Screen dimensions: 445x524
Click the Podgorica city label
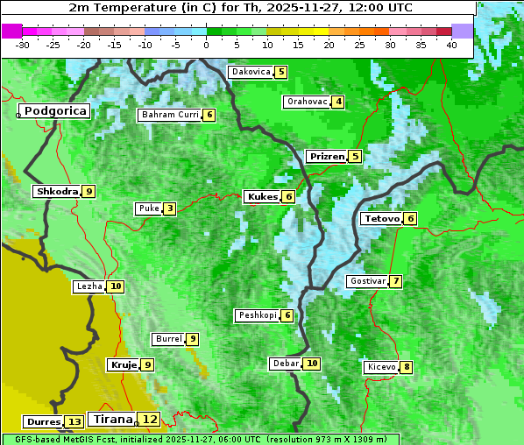pyautogui.click(x=54, y=111)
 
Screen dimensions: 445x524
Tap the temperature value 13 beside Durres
pyautogui.click(x=74, y=421)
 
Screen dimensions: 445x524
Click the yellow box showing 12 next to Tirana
pyautogui.click(x=151, y=420)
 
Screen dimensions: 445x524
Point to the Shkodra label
pyautogui.click(x=57, y=191)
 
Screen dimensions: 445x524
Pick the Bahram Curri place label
pyautogui.click(x=170, y=115)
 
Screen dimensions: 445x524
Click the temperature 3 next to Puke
pyautogui.click(x=169, y=208)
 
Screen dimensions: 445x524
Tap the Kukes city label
pyautogui.click(x=262, y=197)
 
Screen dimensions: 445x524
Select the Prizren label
pyautogui.click(x=327, y=157)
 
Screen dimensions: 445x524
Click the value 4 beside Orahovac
pyautogui.click(x=338, y=102)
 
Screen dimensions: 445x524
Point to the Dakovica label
pyautogui.click(x=251, y=72)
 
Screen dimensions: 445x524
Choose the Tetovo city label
pyautogui.click(x=381, y=218)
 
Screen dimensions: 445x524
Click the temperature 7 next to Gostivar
pyautogui.click(x=396, y=281)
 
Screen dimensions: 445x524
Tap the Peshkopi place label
pyautogui.click(x=257, y=315)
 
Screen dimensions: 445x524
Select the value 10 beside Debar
pyautogui.click(x=311, y=364)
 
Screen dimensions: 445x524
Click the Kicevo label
pyautogui.click(x=381, y=367)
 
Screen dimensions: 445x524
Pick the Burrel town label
pyautogui.click(x=167, y=339)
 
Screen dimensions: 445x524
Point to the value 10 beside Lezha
pyautogui.click(x=116, y=286)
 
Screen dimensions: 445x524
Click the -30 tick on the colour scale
pyautogui.click(x=23, y=44)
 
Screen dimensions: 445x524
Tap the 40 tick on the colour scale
pyautogui.click(x=451, y=44)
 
